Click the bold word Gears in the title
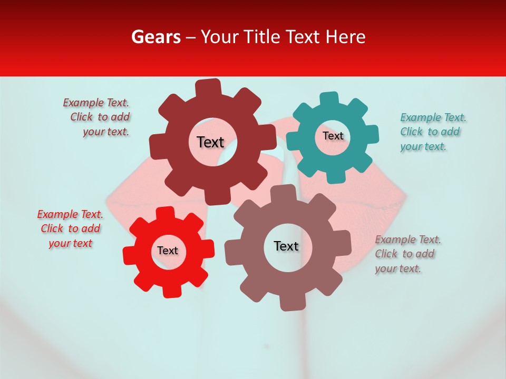[155, 37]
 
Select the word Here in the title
[346, 37]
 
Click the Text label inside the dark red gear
[210, 142]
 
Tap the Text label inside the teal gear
[333, 136]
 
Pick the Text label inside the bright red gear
[168, 251]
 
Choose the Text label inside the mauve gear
[286, 246]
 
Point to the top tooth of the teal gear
[329, 99]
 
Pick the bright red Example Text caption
[70, 228]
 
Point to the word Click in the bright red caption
[52, 228]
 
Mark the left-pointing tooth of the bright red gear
[130, 255]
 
